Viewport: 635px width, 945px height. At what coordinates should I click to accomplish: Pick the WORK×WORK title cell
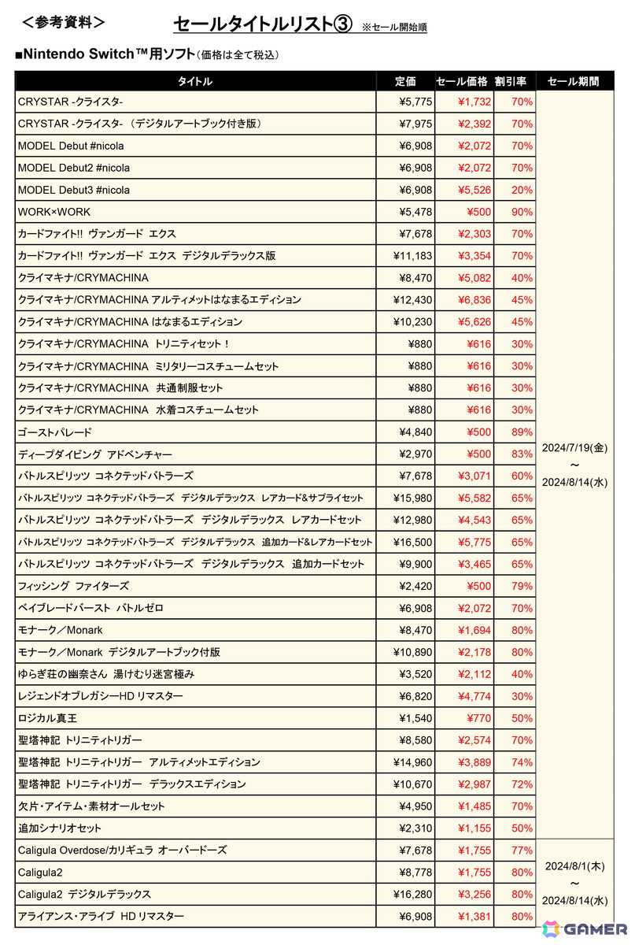54,212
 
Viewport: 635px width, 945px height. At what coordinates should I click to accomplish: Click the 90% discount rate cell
522,212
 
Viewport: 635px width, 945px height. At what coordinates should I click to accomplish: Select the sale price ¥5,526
474,190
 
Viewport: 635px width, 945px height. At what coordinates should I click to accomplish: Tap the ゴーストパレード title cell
55,432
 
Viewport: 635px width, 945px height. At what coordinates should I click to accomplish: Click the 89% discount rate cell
522,432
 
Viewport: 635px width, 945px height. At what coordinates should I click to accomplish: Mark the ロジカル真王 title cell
47,718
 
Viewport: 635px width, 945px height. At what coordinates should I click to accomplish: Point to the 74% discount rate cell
522,762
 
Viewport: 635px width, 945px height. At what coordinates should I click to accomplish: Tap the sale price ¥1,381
474,917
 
